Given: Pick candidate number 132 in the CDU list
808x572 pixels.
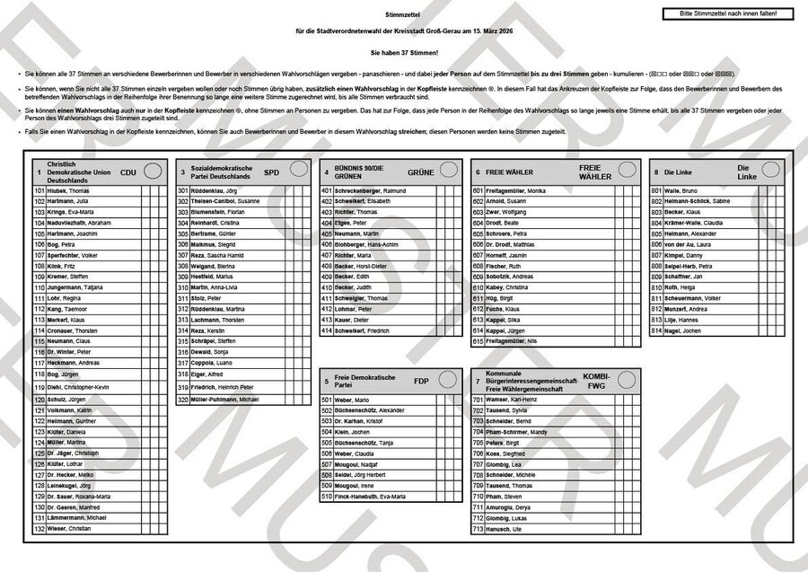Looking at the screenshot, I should coord(39,529).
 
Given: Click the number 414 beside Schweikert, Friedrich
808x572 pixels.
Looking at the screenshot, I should coord(327,330).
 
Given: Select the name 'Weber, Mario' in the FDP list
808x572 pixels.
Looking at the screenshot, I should coord(352,400).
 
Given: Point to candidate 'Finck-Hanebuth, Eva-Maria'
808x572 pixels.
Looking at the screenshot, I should coord(369,496).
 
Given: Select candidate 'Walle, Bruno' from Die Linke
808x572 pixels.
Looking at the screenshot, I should coord(683,191).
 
